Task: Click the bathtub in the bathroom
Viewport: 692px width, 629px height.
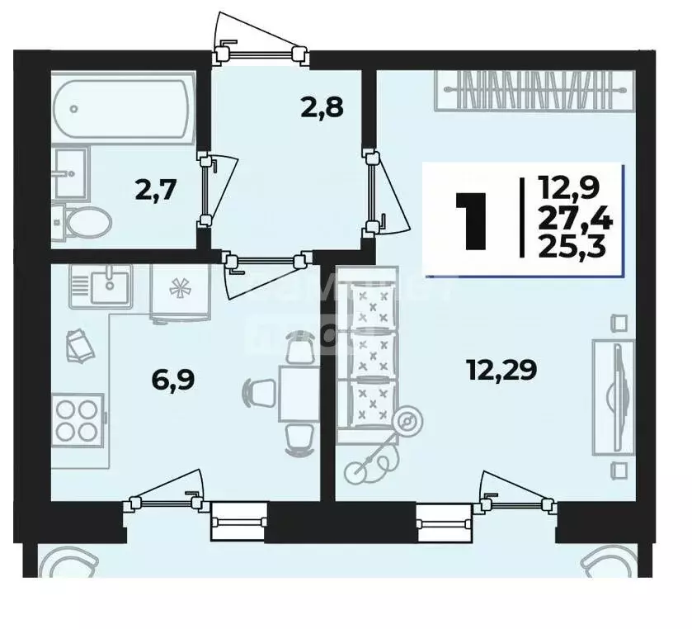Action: [123, 108]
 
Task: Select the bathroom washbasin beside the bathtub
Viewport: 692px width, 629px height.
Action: [69, 173]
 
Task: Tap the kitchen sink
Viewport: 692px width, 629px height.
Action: [108, 286]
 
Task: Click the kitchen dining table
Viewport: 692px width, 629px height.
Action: [295, 393]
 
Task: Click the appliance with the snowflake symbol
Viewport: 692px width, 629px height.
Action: [178, 292]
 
